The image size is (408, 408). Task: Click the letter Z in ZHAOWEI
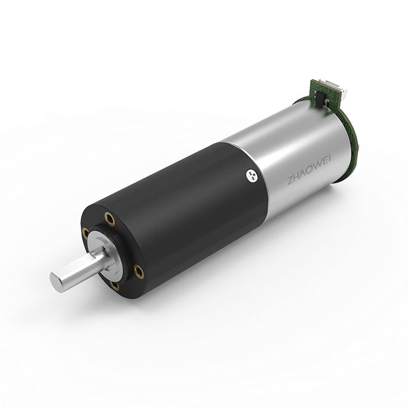(290, 181)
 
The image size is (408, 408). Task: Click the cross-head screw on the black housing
(252, 175)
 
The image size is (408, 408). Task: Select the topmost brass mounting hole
(109, 218)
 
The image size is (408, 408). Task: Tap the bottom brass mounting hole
(115, 286)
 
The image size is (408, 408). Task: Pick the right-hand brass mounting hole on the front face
(138, 271)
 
